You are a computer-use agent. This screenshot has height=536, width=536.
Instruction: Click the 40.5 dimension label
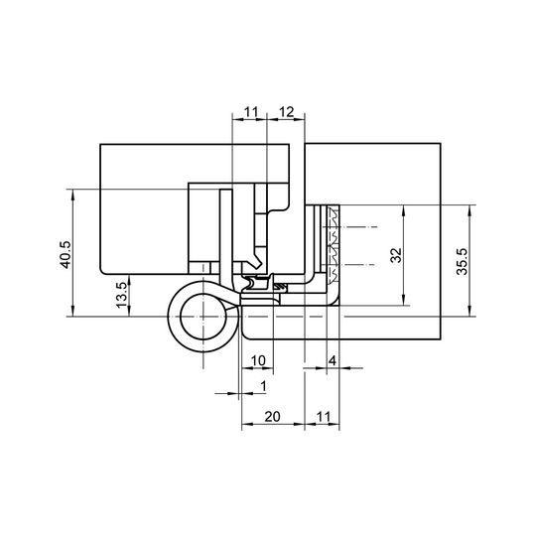pos(66,255)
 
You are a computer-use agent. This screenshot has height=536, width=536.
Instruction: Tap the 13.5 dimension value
pos(122,295)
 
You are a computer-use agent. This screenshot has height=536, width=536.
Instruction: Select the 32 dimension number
pos(396,255)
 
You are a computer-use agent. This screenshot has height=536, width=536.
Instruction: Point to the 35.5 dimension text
pos(462,261)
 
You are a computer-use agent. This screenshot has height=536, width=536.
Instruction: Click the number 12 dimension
pos(286,112)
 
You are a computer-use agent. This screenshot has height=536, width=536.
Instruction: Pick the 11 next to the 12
pos(250,112)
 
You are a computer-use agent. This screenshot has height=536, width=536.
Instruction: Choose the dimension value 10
pos(258,360)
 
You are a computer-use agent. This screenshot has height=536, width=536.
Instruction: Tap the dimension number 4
pos(333,360)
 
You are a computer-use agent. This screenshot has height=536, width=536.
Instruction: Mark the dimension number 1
pos(263,386)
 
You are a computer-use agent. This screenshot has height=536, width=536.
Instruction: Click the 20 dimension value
pos(272,416)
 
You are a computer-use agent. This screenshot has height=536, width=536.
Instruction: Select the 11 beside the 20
pos(324,416)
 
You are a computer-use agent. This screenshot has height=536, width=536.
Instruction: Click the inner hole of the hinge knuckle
pos(203,317)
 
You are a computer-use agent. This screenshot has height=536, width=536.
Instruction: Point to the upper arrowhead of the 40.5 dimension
pos(72,195)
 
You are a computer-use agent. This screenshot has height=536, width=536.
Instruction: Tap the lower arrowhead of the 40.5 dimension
pos(72,312)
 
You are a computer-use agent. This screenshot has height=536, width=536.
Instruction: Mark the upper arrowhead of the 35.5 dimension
pos(470,210)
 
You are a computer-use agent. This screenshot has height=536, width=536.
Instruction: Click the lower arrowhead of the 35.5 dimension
pos(470,311)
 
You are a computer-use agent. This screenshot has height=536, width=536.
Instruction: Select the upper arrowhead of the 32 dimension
pos(404,210)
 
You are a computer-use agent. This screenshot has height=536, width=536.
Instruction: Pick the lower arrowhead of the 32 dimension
pos(404,300)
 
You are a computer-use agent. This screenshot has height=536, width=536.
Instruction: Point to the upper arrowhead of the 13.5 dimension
pos(129,280)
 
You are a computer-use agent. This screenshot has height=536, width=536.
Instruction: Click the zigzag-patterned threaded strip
pos(333,244)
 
